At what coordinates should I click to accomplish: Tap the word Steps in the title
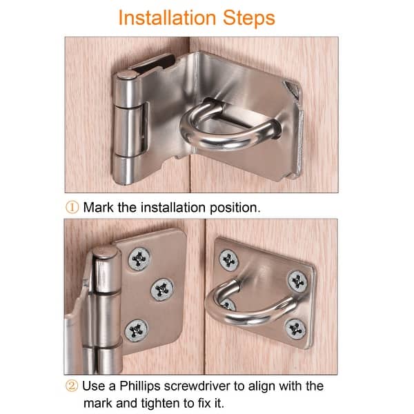[248, 19]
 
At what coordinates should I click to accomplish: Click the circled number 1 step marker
[72, 207]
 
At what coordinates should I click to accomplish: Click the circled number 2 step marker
[72, 386]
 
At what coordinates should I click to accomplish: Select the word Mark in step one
[99, 207]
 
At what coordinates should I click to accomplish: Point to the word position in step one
[235, 208]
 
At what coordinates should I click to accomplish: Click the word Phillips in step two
[140, 387]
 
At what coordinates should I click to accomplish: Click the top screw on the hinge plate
[139, 259]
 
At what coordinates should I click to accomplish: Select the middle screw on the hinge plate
[162, 290]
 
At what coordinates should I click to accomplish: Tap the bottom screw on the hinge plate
[136, 331]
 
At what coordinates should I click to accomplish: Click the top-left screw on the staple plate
[228, 260]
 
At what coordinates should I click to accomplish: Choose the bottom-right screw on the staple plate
[296, 329]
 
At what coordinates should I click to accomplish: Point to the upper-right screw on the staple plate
[297, 282]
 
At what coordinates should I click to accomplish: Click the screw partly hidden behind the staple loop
[228, 304]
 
